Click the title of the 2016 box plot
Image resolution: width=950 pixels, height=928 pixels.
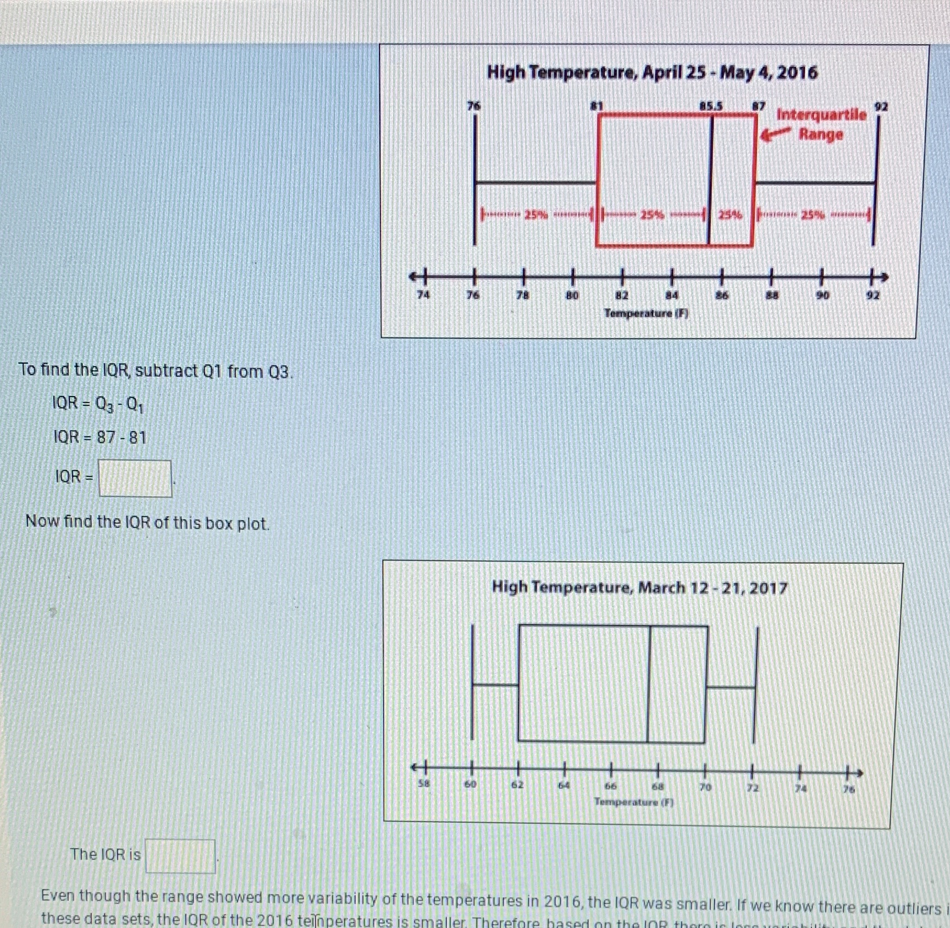click(x=652, y=73)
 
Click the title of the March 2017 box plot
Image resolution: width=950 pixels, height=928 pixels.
click(x=639, y=587)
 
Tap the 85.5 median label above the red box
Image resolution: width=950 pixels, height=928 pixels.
click(x=711, y=105)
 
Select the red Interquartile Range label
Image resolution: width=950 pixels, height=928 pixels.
click(x=821, y=124)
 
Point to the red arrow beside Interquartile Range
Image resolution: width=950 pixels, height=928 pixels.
click(x=776, y=134)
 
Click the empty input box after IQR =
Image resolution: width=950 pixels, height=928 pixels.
click(x=135, y=478)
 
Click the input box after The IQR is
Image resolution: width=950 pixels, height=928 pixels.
click(x=180, y=856)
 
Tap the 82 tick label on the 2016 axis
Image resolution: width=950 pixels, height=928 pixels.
click(x=621, y=295)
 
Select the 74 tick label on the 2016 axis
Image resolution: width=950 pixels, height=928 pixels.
click(x=423, y=295)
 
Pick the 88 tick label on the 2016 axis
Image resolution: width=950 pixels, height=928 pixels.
click(x=772, y=295)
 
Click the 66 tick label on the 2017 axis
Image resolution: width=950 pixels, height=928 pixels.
click(x=610, y=786)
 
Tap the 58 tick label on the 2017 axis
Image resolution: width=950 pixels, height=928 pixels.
click(x=423, y=783)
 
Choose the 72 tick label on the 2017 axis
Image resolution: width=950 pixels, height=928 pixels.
click(x=753, y=788)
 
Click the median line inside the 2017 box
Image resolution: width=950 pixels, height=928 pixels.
click(x=649, y=684)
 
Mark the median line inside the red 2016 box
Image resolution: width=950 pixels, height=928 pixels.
click(x=710, y=182)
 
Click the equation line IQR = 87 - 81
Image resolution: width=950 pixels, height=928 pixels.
click(x=100, y=437)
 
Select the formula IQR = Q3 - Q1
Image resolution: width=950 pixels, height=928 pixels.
click(x=98, y=404)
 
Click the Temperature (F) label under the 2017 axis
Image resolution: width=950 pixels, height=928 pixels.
click(x=633, y=802)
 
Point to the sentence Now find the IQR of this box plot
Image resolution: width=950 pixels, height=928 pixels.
click(x=147, y=522)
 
